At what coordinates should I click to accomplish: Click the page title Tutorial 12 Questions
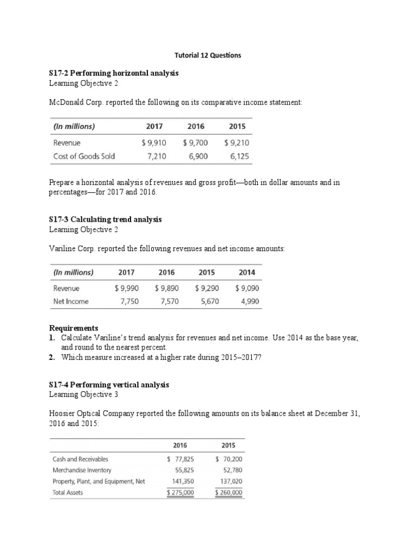(x=207, y=55)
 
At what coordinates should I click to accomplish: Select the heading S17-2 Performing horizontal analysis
(x=113, y=73)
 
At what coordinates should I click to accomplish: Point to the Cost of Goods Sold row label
(x=84, y=156)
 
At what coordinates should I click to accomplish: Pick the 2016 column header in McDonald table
(x=196, y=126)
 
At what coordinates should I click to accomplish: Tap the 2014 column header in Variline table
(x=247, y=272)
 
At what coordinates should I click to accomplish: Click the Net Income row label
(x=71, y=301)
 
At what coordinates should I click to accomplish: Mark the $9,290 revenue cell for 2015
(x=207, y=288)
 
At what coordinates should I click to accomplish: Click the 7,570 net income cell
(x=168, y=301)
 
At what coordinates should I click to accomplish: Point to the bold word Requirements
(x=74, y=328)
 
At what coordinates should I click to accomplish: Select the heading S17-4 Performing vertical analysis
(x=109, y=384)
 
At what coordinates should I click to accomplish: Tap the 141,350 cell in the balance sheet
(x=182, y=481)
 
